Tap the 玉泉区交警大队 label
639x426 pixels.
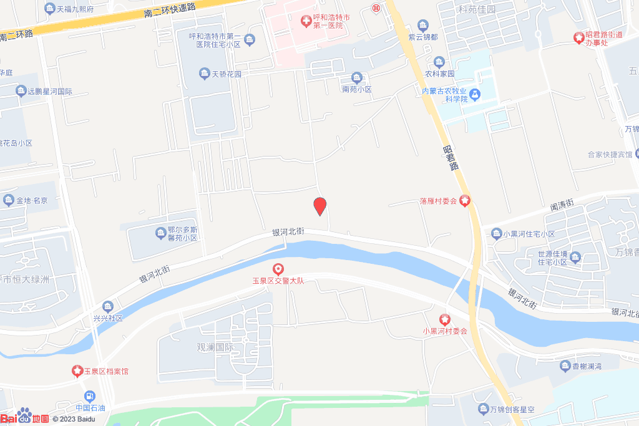278,281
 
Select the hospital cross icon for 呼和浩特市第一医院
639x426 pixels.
306,22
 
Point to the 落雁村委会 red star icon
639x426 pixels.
465,201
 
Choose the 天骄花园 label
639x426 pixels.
227,74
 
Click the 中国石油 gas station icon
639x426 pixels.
90,396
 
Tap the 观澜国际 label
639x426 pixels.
215,347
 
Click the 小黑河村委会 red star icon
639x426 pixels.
445,319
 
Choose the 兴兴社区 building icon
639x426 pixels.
108,306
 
